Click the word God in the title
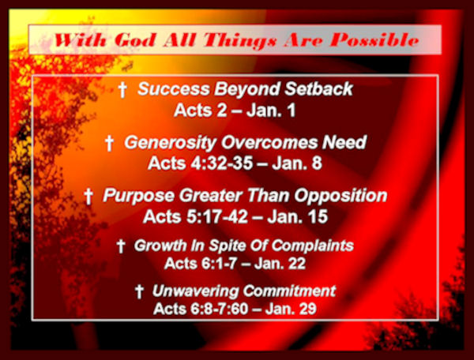pos(136,40)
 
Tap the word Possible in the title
pos(374,39)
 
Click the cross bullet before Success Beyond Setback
pos(122,89)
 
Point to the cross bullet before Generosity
pos(109,143)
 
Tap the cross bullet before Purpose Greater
pos(88,197)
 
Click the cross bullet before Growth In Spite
pos(121,246)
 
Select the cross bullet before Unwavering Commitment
pos(139,291)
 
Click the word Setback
pos(319,88)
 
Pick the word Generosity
pos(171,143)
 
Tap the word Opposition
pos(341,196)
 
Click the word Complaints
pos(313,246)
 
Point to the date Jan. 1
pos(271,111)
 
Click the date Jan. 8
pos(296,163)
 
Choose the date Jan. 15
pos(298,216)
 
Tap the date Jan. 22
pos(280,264)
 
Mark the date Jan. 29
pos(291,309)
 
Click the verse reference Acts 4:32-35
pos(201,163)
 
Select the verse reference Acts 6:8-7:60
pos(201,309)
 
